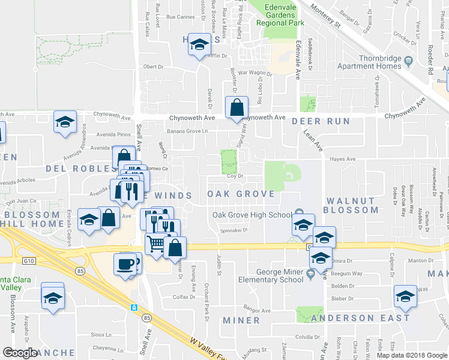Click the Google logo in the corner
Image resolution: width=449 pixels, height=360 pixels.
pos(20,353)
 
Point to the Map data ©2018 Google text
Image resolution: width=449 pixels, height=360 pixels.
pos(412,355)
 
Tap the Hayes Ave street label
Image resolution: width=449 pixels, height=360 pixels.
pos(343,159)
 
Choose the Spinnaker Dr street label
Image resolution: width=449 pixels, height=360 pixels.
pos(234,229)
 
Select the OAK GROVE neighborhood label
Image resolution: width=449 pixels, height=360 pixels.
pos(241,194)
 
